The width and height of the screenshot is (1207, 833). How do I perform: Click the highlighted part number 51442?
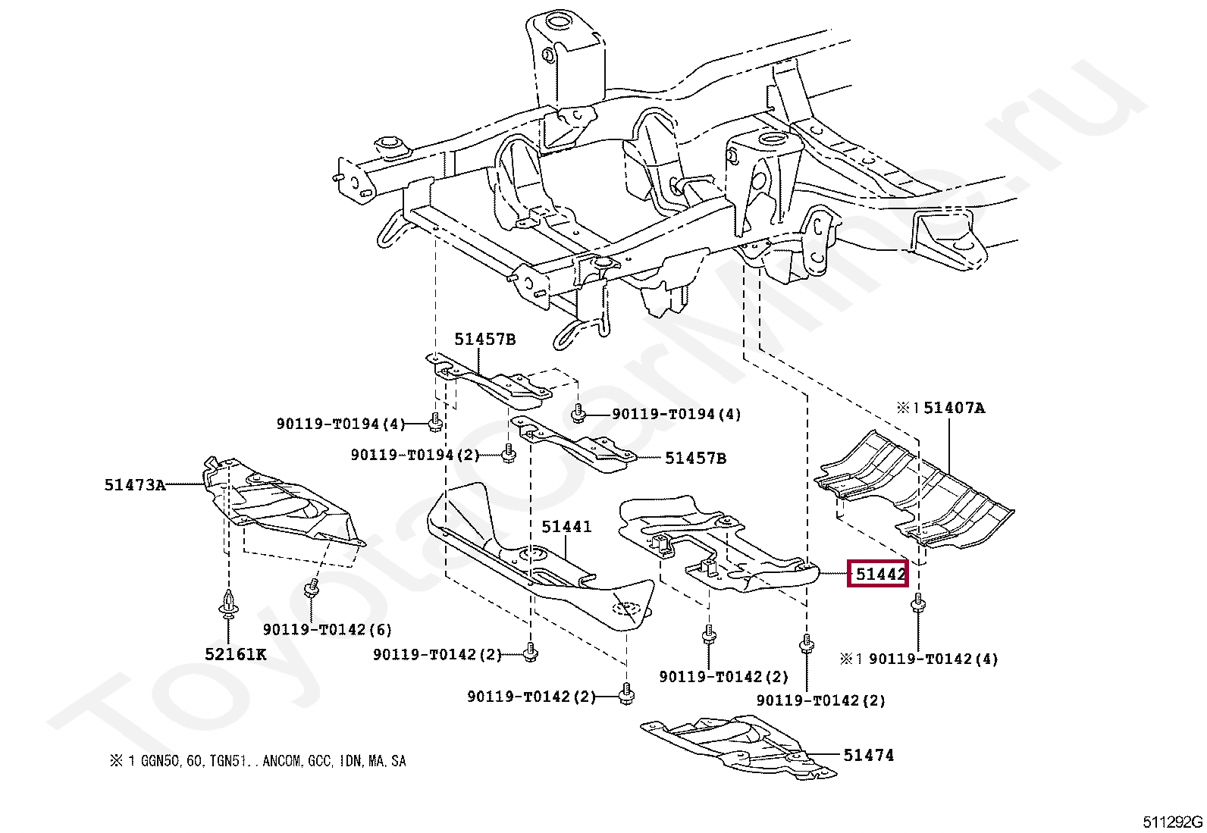pos(878,574)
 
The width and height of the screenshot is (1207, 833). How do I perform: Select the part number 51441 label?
pos(566,526)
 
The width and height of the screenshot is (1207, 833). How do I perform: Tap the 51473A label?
pos(134,484)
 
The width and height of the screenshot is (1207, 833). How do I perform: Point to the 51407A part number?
pos(953,408)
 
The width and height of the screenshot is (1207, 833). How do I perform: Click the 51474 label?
pos(868,755)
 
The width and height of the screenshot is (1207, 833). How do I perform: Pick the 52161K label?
pos(235,654)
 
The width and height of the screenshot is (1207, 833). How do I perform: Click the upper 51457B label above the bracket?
pos(484,339)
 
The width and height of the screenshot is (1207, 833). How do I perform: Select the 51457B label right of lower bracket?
pos(694,458)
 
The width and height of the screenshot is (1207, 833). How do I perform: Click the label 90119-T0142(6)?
pos(327,629)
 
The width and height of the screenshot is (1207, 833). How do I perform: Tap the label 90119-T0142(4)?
pos(933,659)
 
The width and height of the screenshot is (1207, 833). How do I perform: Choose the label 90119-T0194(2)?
pos(415,455)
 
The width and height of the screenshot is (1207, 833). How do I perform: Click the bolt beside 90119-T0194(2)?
pos(509,453)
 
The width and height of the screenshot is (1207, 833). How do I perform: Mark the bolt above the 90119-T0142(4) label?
pos(917,603)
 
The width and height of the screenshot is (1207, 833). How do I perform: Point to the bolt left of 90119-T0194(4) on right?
pos(578,413)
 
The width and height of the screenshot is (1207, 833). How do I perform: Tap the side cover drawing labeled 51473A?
pos(281,503)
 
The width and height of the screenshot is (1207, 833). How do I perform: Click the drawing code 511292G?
pos(1172,822)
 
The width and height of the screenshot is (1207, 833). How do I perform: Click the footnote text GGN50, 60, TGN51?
pos(258,761)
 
